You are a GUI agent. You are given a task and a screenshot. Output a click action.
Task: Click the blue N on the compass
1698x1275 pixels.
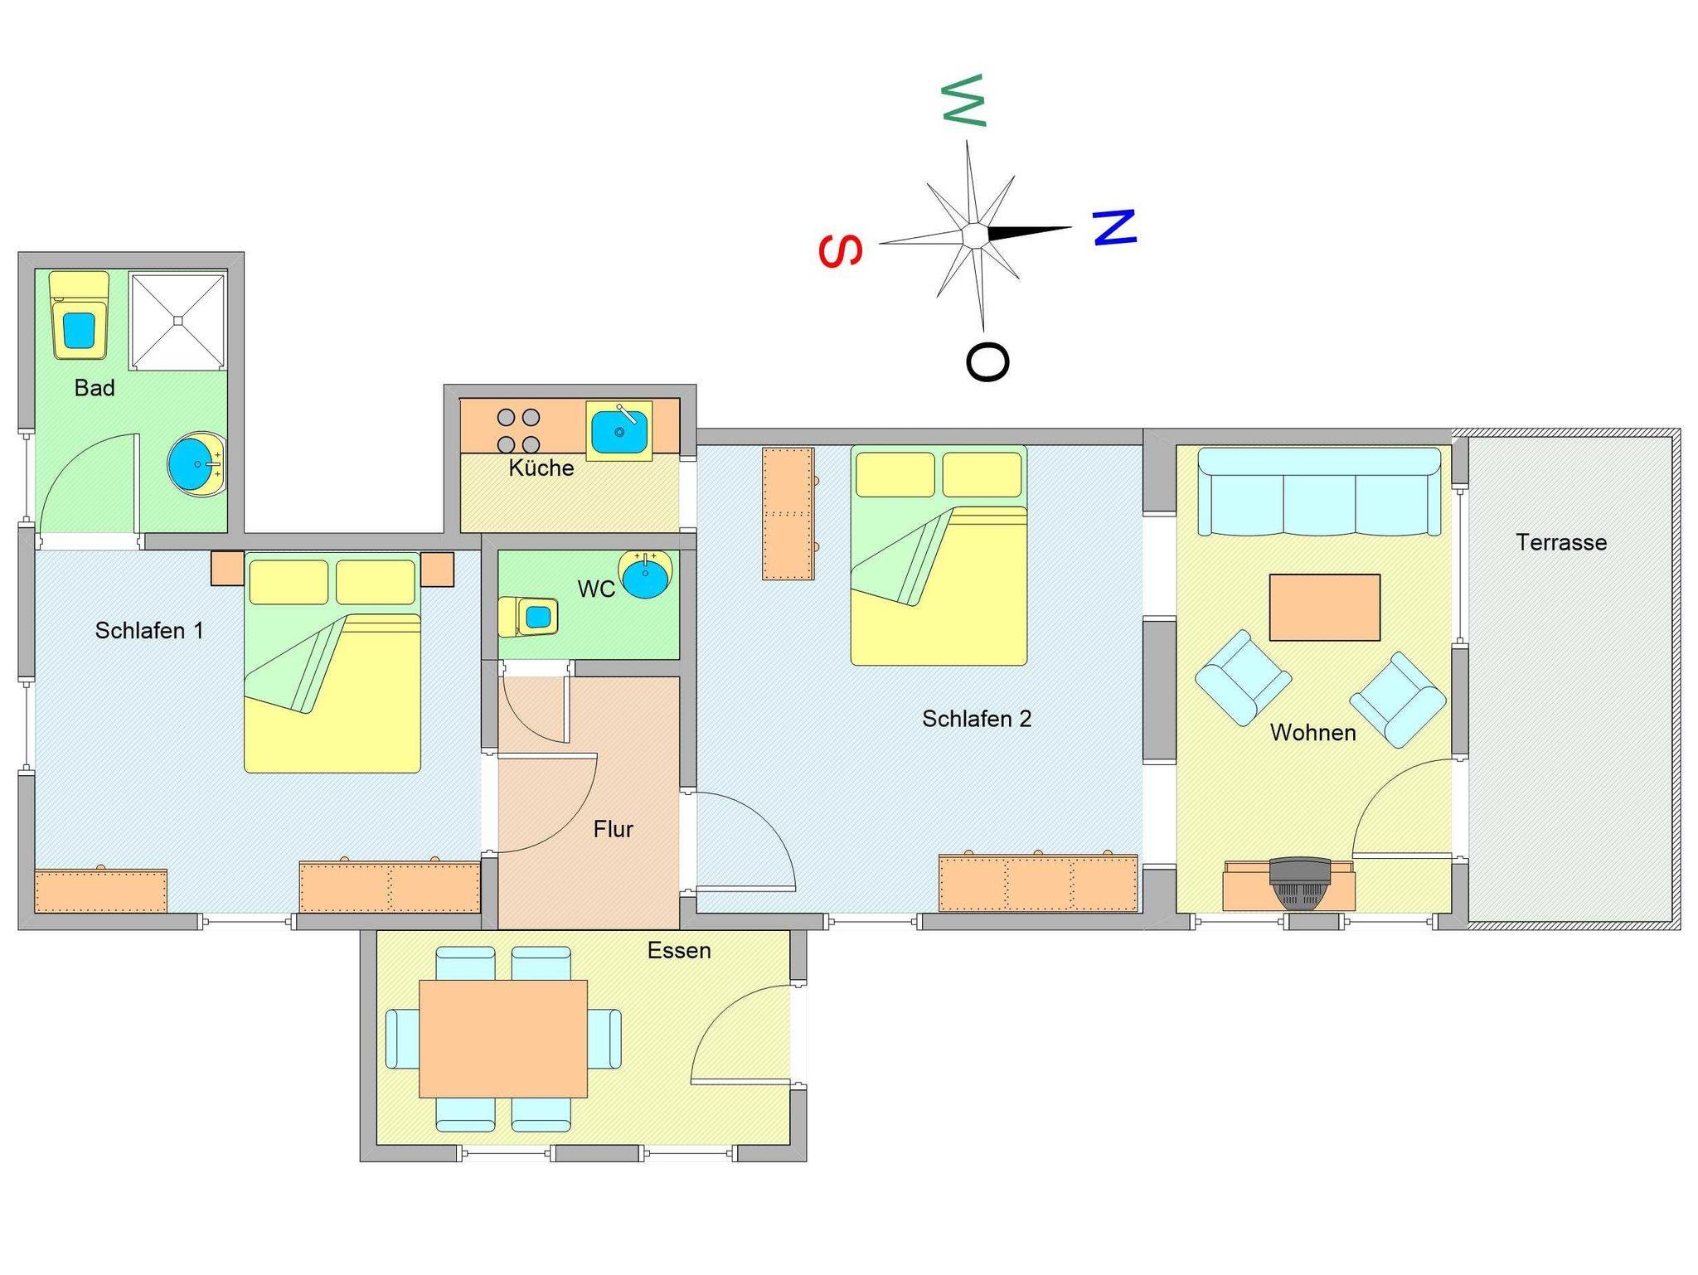coord(1113,227)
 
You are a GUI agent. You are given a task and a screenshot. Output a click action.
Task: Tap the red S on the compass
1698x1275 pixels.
coord(841,251)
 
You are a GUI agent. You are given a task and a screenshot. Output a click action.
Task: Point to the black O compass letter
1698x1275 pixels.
coord(987,361)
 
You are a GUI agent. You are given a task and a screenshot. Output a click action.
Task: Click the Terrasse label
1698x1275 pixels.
coord(1561,542)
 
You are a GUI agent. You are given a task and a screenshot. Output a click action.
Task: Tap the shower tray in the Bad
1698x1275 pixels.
coord(177,321)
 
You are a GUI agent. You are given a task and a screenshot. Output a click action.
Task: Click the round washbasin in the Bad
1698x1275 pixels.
coord(196,464)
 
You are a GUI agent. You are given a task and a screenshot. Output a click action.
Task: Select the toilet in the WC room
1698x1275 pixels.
coord(528,616)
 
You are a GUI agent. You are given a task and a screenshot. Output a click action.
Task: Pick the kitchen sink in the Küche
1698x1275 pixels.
coord(619,431)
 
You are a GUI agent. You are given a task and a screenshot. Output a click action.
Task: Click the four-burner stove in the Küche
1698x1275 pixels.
coord(518,431)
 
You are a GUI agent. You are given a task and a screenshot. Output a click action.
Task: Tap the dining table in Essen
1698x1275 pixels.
coord(503,1039)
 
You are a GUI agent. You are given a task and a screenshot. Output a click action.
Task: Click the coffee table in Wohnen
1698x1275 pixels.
coord(1325,608)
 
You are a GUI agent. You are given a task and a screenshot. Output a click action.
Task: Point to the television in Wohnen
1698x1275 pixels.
coord(1299,884)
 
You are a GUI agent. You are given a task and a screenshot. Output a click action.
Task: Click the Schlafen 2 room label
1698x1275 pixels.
coord(977,719)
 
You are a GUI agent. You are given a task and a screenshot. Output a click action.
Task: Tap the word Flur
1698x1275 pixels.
coord(614,829)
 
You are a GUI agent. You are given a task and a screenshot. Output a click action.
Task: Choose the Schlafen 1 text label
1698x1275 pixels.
coord(149,631)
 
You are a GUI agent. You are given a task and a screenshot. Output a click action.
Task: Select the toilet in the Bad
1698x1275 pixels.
coord(79,315)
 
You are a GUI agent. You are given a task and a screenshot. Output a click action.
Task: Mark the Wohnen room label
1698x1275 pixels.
coord(1313,733)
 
